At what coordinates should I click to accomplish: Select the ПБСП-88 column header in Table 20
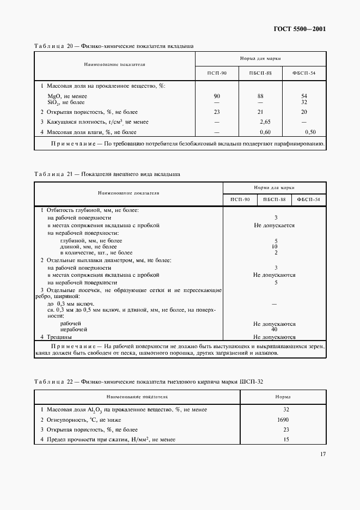point(260,73)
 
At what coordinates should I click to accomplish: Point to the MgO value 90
point(217,96)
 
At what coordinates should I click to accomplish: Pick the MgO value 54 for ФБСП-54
point(304,96)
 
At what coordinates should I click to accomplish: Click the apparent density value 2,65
point(266,122)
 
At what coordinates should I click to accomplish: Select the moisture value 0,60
point(265,132)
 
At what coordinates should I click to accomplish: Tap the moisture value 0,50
point(310,132)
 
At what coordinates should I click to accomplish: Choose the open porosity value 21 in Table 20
point(260,111)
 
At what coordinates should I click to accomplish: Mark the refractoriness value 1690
point(283,420)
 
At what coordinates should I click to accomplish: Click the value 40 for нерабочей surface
point(274,329)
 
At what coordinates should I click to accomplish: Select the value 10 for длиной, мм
point(274,246)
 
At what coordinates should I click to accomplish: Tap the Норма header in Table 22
point(282,397)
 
